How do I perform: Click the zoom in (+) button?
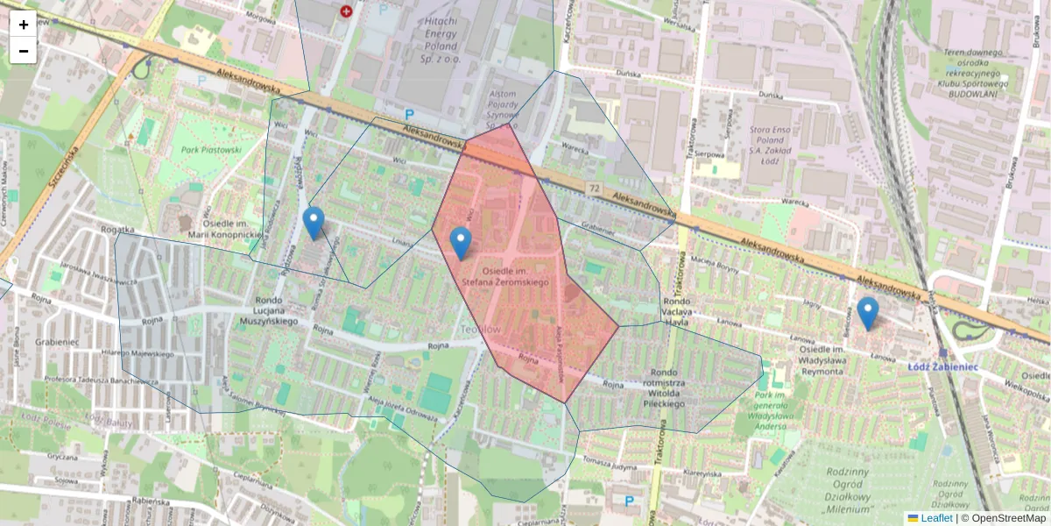pos(24,24)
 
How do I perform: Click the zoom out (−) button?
pos(24,51)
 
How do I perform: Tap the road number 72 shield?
pos(595,189)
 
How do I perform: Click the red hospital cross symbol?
pos(347,11)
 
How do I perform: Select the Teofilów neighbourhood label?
pos(480,329)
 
